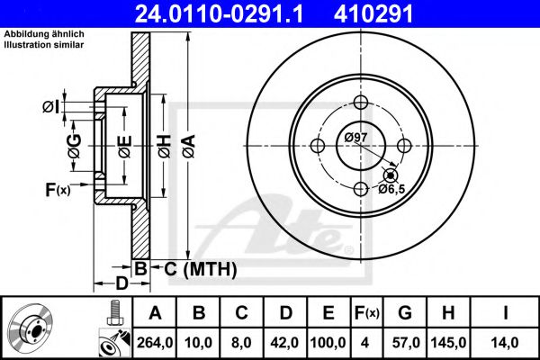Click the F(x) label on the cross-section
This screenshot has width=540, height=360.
[57, 189]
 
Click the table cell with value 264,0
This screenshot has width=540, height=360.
[155, 340]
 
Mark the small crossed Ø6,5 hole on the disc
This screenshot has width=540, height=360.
[390, 174]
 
